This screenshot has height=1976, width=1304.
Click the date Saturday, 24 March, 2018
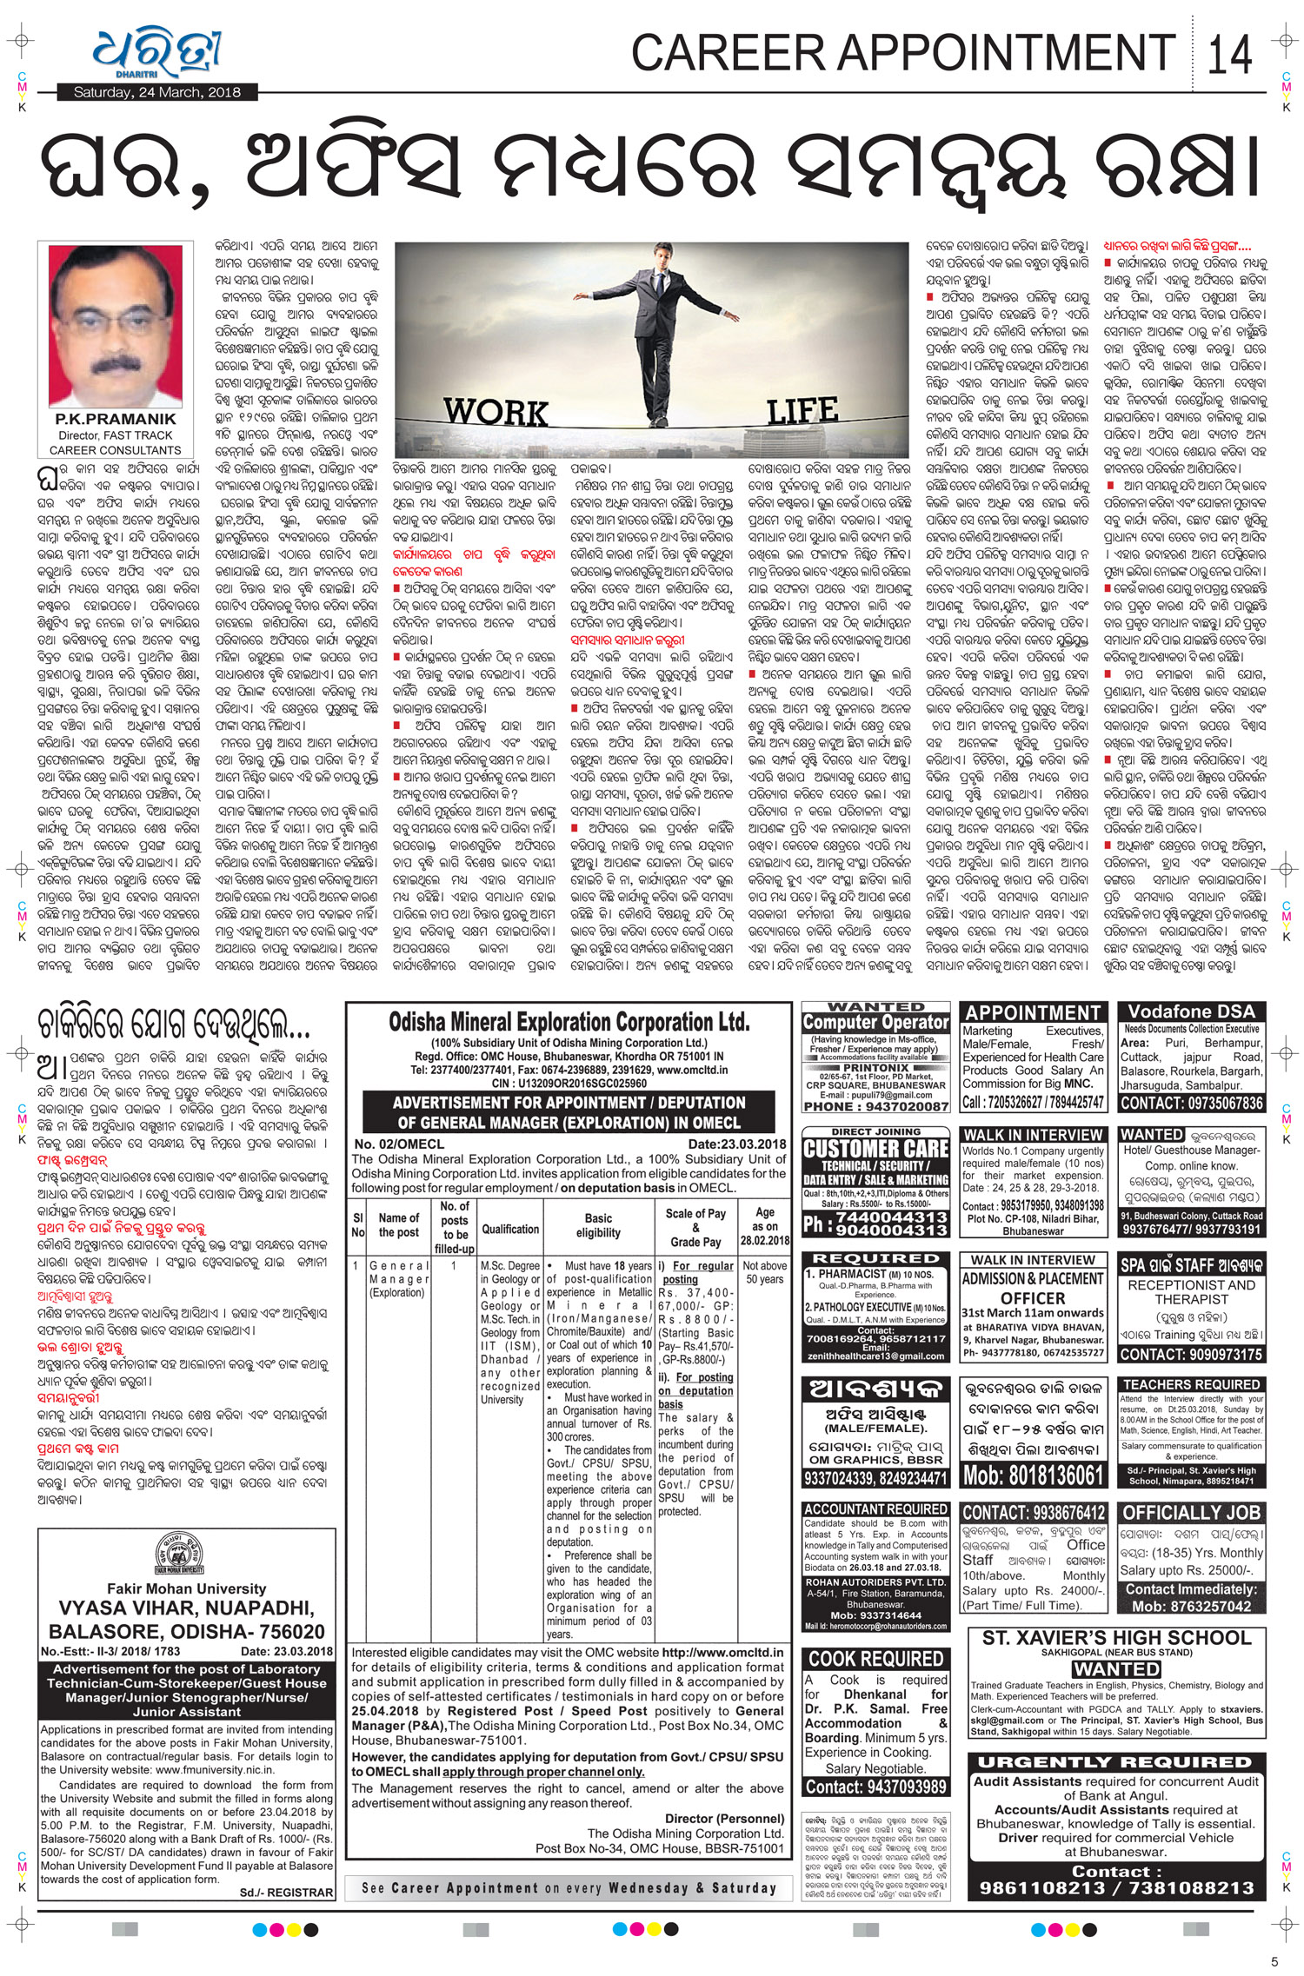point(147,93)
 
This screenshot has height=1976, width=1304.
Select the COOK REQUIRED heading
point(875,1658)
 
